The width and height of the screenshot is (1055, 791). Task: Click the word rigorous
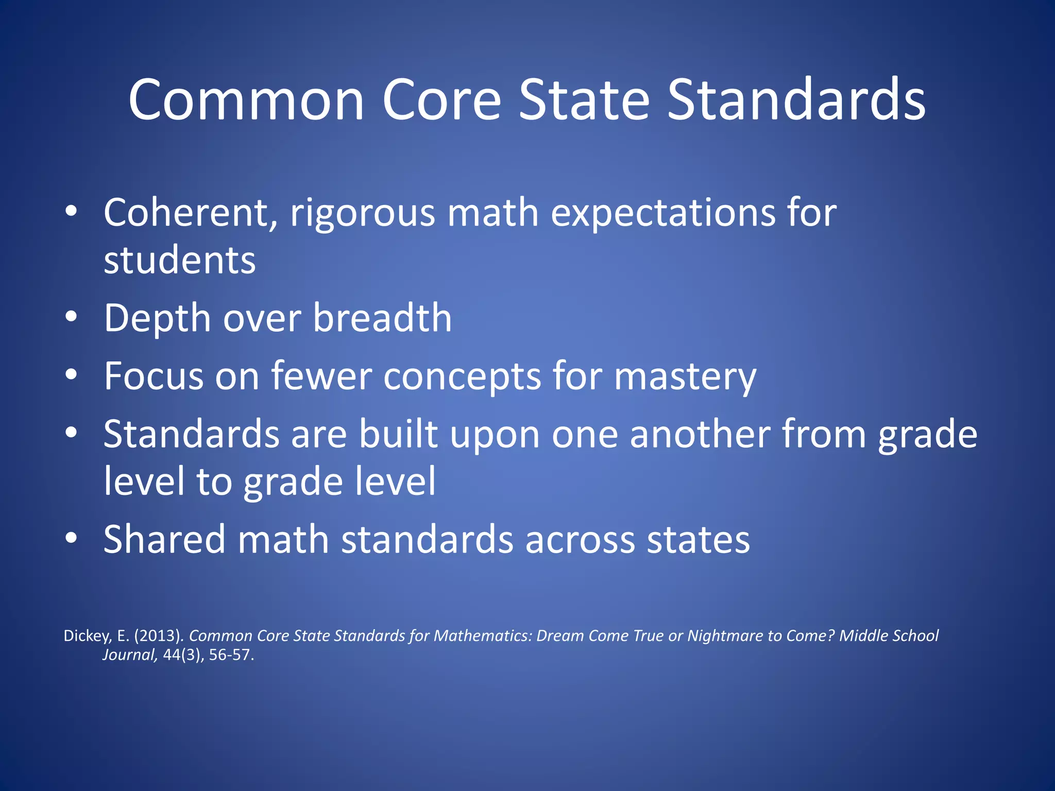(362, 213)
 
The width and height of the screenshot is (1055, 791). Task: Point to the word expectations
(662, 213)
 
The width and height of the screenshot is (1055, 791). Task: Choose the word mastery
(685, 377)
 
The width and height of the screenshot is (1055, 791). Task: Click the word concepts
(462, 377)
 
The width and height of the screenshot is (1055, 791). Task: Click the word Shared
(164, 539)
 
